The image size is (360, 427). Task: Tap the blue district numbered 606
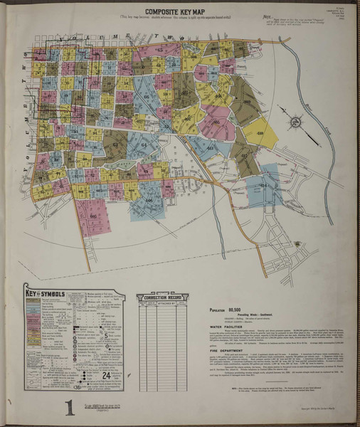coord(149,97)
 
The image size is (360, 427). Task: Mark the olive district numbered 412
coord(244,157)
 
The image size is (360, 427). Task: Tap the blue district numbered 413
coord(211,149)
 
